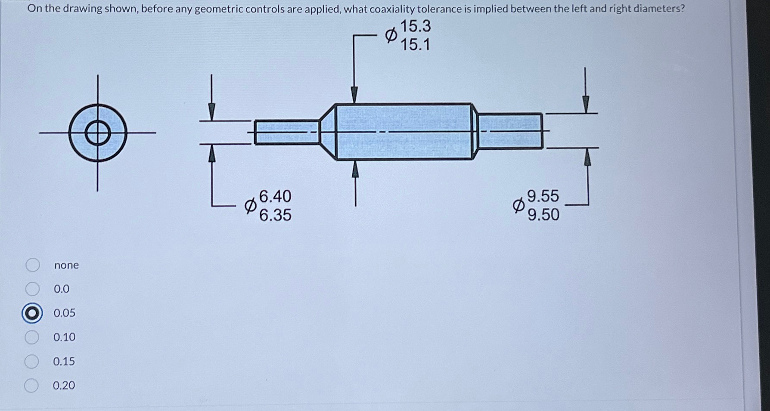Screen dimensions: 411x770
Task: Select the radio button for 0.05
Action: [x=32, y=313]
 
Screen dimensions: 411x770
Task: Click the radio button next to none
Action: [x=33, y=265]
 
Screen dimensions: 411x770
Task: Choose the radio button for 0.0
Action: [x=32, y=289]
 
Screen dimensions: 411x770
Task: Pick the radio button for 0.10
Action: [x=32, y=337]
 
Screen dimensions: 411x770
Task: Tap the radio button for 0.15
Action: [x=31, y=362]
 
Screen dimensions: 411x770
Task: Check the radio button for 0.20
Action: [x=31, y=385]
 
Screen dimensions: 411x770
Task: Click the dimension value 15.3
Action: [x=416, y=27]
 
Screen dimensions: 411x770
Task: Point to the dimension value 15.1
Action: [x=416, y=45]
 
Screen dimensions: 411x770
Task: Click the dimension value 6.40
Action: [x=275, y=196]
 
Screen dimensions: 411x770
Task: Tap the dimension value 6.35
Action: [x=275, y=215]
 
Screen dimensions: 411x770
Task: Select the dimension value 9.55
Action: [x=543, y=196]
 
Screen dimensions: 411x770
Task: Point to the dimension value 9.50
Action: [x=543, y=214]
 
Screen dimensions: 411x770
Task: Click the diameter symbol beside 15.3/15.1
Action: [x=391, y=35]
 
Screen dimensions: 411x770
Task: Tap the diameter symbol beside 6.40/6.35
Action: [x=250, y=206]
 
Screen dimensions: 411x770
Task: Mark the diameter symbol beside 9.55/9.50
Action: [x=519, y=205]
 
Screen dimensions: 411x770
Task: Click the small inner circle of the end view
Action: [x=98, y=133]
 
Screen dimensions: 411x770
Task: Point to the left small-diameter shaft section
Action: [x=286, y=132]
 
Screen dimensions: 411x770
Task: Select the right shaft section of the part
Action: [x=510, y=131]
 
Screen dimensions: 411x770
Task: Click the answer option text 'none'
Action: [x=66, y=265]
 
